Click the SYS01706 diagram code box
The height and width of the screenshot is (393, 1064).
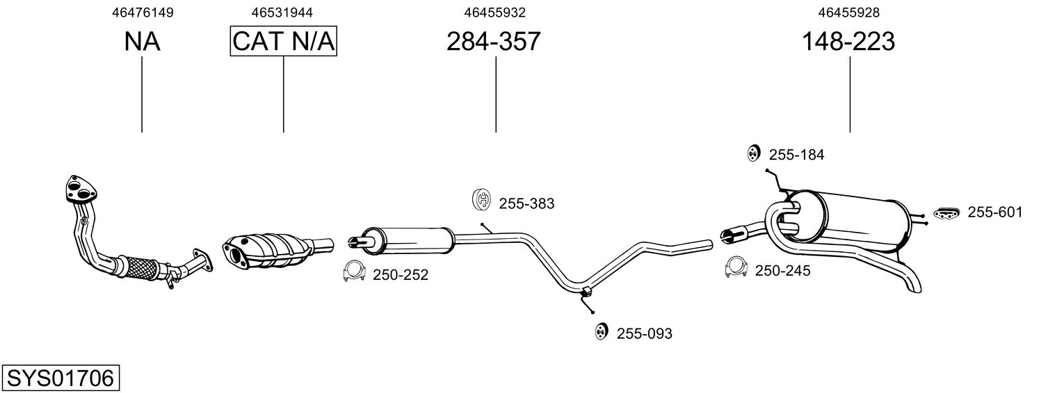pyautogui.click(x=60, y=378)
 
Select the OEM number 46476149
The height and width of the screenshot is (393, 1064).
pyautogui.click(x=143, y=12)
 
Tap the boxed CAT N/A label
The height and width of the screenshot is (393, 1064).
pyautogui.click(x=284, y=42)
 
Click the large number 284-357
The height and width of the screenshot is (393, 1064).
pyautogui.click(x=493, y=42)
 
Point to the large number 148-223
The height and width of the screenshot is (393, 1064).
pyautogui.click(x=848, y=42)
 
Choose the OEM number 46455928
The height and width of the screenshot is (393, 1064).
pyautogui.click(x=848, y=12)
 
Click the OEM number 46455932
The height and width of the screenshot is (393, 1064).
pyautogui.click(x=495, y=12)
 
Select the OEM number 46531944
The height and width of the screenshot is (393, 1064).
pyautogui.click(x=282, y=12)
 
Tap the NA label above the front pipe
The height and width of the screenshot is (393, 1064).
pyautogui.click(x=143, y=42)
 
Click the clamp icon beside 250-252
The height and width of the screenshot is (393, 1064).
pyautogui.click(x=354, y=272)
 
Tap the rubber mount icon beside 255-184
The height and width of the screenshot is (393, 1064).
pyautogui.click(x=752, y=153)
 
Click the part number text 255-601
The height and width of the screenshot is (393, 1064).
pyautogui.click(x=995, y=212)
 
